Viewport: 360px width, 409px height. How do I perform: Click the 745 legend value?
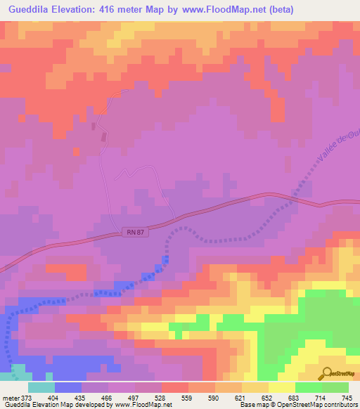[345, 397]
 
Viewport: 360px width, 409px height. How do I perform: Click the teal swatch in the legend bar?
[41, 387]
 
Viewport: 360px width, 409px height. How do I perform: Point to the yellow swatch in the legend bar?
[282, 387]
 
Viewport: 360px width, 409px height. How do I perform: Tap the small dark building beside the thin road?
[94, 126]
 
